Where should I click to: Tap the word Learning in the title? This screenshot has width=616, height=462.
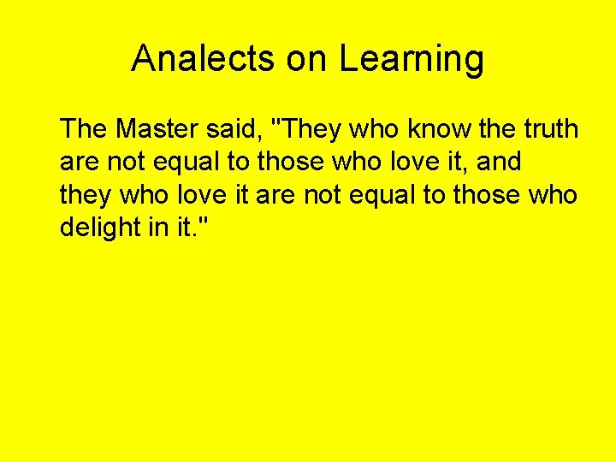(x=412, y=59)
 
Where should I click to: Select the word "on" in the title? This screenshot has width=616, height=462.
(x=306, y=59)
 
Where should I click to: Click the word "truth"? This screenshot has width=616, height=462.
(x=548, y=129)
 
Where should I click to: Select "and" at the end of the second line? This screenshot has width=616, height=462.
(x=498, y=162)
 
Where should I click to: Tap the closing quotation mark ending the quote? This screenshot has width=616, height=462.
(x=206, y=222)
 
